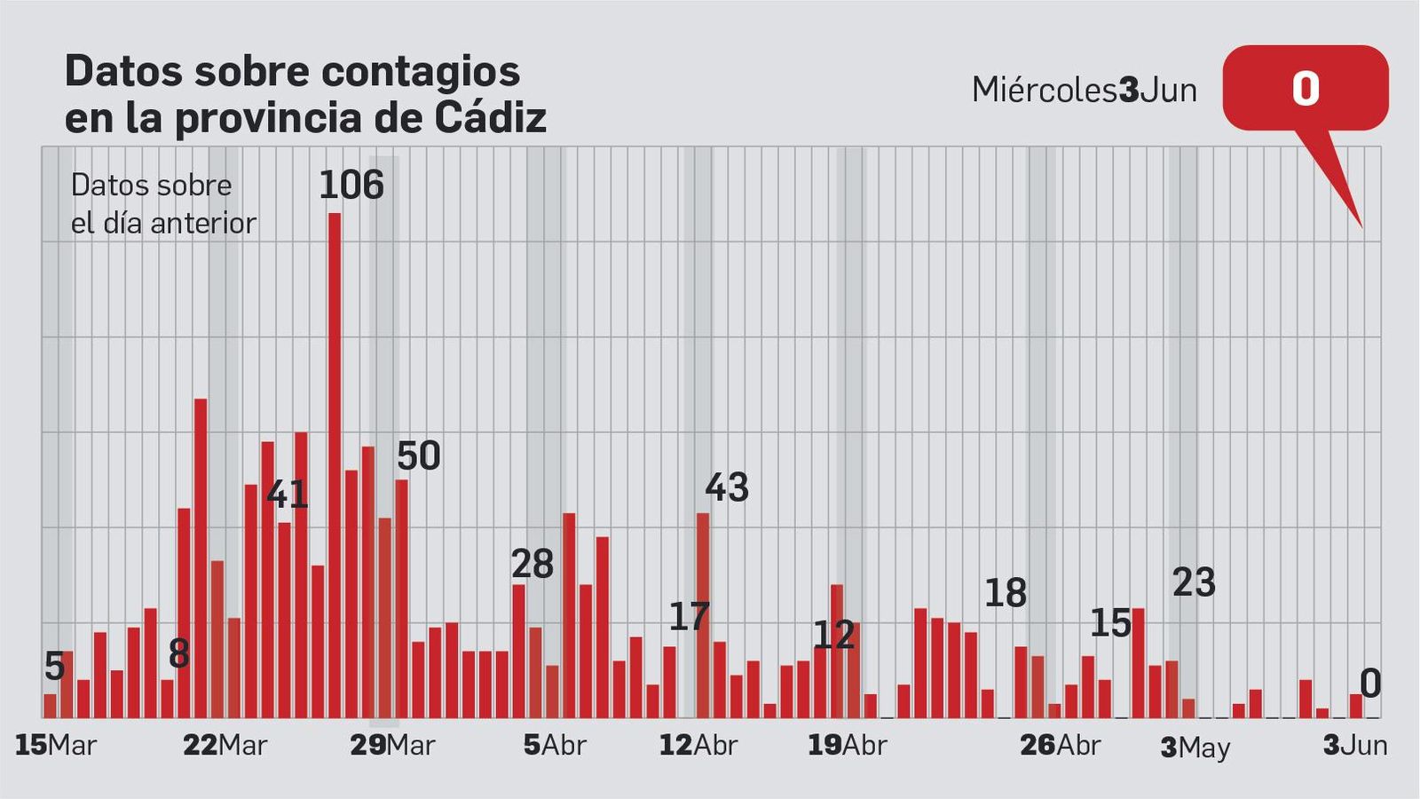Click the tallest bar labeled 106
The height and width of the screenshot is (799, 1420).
coord(335,466)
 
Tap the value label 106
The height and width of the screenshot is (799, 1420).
coord(351,186)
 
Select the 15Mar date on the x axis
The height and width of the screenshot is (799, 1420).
coord(56,745)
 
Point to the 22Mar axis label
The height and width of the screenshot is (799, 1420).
coord(225,745)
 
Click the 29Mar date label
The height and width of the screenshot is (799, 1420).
coord(392,745)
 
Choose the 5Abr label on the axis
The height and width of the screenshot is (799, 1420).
coord(555,745)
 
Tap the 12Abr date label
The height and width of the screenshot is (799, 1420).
coord(698,745)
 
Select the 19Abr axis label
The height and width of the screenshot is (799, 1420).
coord(847,745)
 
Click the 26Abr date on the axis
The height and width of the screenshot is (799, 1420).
coord(1060,745)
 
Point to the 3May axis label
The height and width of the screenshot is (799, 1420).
coord(1195,747)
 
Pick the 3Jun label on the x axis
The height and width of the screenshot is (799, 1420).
coord(1355,745)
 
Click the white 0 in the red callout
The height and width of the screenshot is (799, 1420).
coord(1305,89)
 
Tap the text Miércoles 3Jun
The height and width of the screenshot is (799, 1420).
coord(1085,90)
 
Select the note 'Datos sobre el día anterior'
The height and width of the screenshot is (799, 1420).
coord(163,204)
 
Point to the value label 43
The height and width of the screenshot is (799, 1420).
coord(727,487)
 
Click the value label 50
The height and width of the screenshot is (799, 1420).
coord(418,456)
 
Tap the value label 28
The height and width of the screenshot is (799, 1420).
coord(532,565)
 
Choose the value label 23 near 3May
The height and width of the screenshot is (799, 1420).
coord(1194,583)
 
